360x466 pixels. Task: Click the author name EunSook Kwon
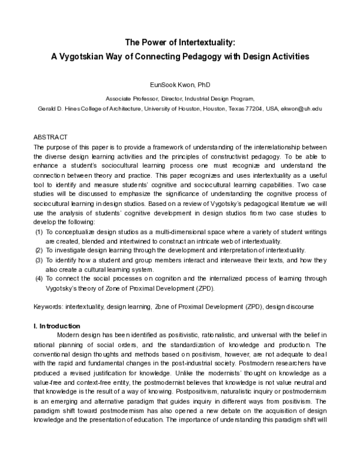170,86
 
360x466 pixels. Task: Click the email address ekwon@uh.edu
306,108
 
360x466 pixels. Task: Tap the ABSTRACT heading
50,138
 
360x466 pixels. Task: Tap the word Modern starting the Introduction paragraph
69,334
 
